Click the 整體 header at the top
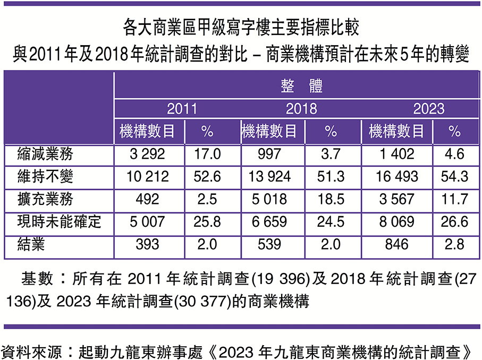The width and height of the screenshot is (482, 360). pos(301,85)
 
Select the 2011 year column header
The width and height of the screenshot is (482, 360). pos(182,109)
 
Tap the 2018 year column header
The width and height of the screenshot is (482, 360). pos(301,109)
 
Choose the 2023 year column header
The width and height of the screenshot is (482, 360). pos(429,109)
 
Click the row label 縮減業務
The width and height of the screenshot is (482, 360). pos(45,154)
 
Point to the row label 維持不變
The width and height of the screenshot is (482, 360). pos(45,176)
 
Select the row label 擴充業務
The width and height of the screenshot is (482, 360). pos(45,199)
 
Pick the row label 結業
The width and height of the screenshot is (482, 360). pos(31,244)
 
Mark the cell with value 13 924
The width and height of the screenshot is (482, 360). pos(271,176)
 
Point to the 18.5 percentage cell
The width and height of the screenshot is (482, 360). pos(331,199)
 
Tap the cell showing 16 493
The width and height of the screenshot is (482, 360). pos(397,176)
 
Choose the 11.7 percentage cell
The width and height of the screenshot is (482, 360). pos(454,199)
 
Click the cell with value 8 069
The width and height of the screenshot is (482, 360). pos(397,221)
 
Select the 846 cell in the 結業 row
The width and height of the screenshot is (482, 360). pos(397,244)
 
